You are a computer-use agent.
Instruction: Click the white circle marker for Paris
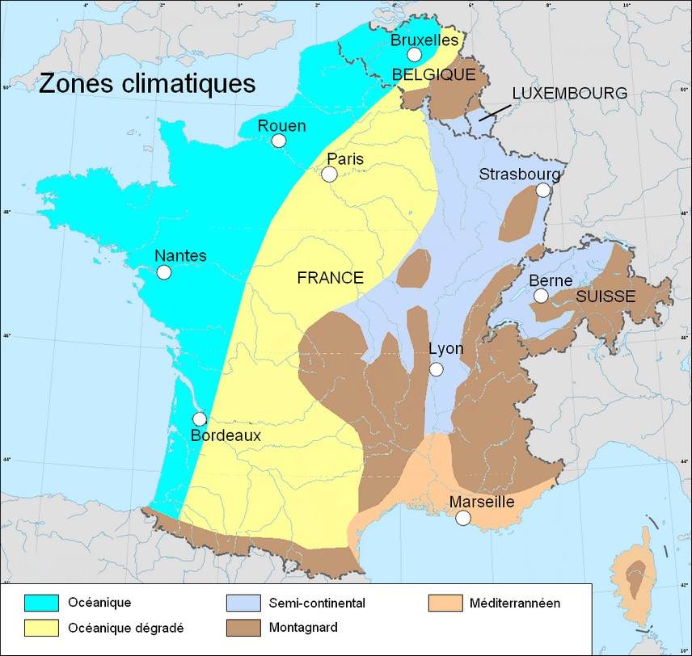click(x=329, y=175)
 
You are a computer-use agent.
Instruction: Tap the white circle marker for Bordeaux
click(x=200, y=419)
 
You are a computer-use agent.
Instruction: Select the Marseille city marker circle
click(x=462, y=519)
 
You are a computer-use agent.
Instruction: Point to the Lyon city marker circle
click(x=437, y=369)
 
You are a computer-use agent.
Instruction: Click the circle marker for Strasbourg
click(x=542, y=190)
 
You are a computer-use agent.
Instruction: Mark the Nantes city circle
click(x=164, y=272)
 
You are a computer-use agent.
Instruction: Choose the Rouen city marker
click(x=279, y=141)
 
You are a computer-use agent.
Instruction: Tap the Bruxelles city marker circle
click(x=414, y=55)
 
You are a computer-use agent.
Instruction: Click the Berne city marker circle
click(x=541, y=296)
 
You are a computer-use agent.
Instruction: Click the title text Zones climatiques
click(x=147, y=83)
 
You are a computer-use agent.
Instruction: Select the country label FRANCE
click(x=330, y=278)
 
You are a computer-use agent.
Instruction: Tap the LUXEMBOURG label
click(x=569, y=94)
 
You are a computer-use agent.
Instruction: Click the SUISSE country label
click(x=605, y=296)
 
